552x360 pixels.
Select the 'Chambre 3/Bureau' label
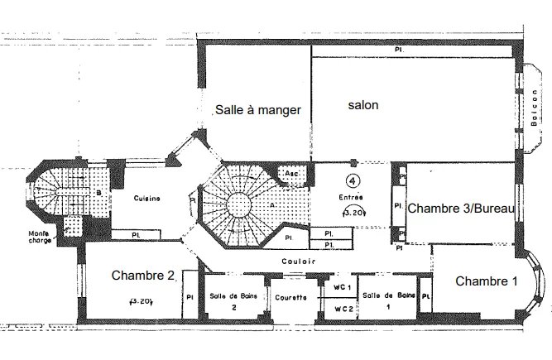tap(462, 209)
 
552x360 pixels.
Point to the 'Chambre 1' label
tap(487, 281)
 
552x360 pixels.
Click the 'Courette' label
tap(291, 298)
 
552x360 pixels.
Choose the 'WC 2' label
tap(343, 309)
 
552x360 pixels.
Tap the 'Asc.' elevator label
tap(292, 173)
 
